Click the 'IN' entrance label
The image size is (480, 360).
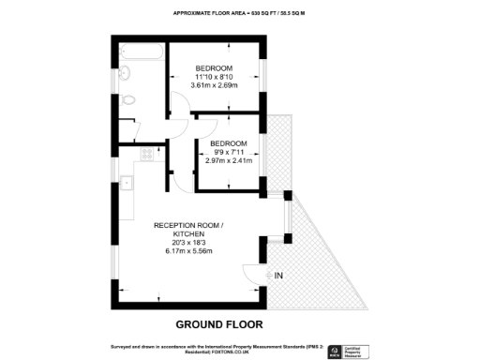click(279, 275)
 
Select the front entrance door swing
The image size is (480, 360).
click(254, 274)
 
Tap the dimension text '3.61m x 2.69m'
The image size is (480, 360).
click(215, 87)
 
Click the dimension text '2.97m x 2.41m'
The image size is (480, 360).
click(229, 161)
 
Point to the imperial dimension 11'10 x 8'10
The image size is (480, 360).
click(215, 78)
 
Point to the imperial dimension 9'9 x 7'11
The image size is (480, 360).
click(229, 152)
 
